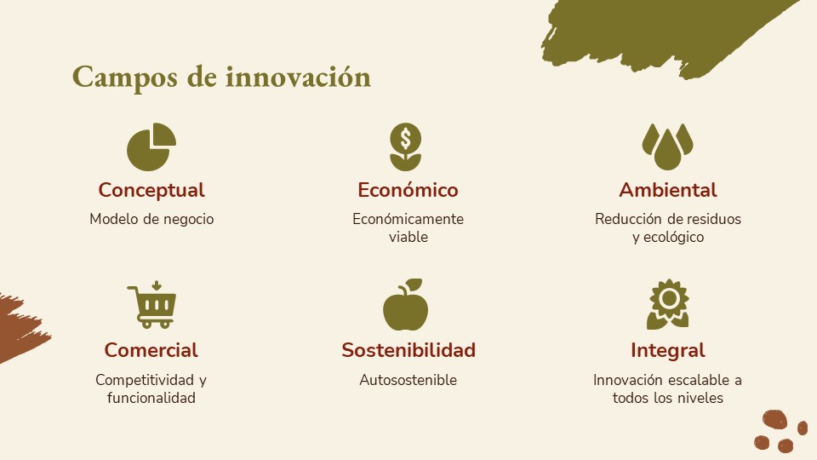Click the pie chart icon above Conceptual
(151, 147)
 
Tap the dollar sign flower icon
(406, 147)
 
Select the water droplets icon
(667, 147)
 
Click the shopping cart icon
(151, 305)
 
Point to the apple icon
(406, 305)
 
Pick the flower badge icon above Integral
(668, 305)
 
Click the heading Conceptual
(151, 190)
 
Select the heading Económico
(408, 190)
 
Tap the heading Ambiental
(668, 190)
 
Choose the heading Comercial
(151, 350)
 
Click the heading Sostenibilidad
(408, 350)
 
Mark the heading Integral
(668, 351)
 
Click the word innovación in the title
(298, 78)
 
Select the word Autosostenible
(408, 380)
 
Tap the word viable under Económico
(408, 237)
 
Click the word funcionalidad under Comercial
(151, 398)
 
